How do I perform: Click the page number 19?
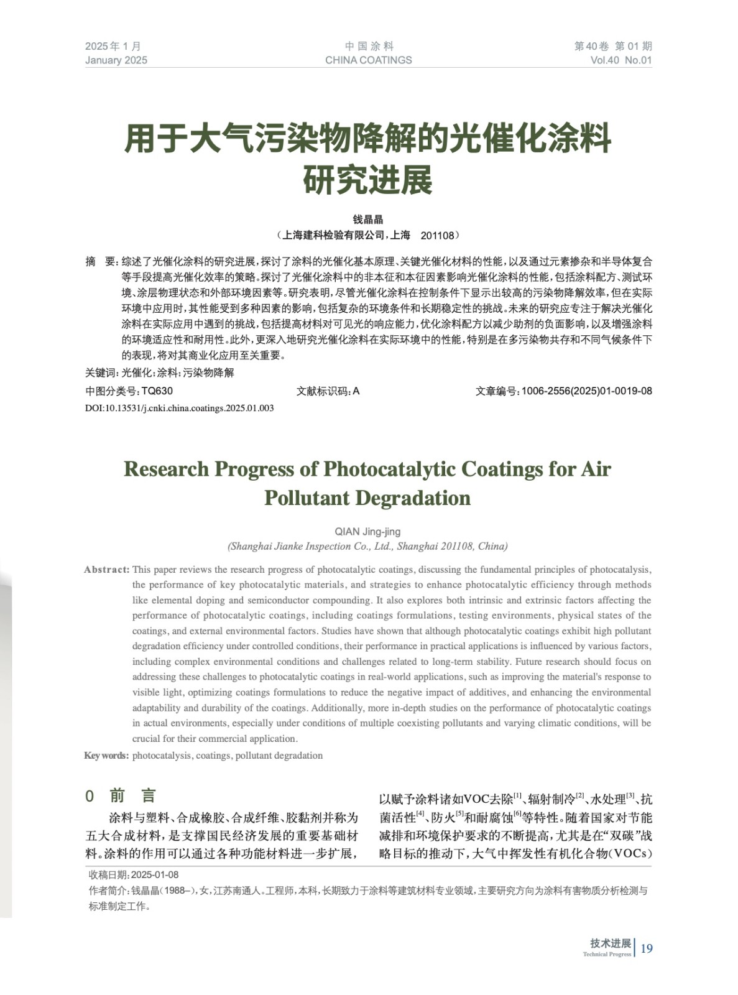tap(647, 948)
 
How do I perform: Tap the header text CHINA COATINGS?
tap(368, 60)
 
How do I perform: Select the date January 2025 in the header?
tap(116, 60)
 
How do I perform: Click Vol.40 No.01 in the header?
tap(620, 60)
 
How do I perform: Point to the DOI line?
tap(179, 408)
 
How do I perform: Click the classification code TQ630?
tap(157, 391)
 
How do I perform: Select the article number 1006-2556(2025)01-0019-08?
tap(586, 391)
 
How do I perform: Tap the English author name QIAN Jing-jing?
tap(367, 532)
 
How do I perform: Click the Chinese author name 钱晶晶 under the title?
tap(368, 220)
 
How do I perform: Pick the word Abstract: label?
tap(106, 570)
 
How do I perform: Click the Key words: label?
tap(106, 756)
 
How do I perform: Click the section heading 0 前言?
tap(121, 795)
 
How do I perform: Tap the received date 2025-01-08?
tap(155, 875)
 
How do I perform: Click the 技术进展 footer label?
tap(610, 943)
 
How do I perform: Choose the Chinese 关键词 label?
tap(101, 373)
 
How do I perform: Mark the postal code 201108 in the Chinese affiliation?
tap(438, 236)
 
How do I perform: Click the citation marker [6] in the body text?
tap(517, 813)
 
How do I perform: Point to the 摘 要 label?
tap(100, 262)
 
